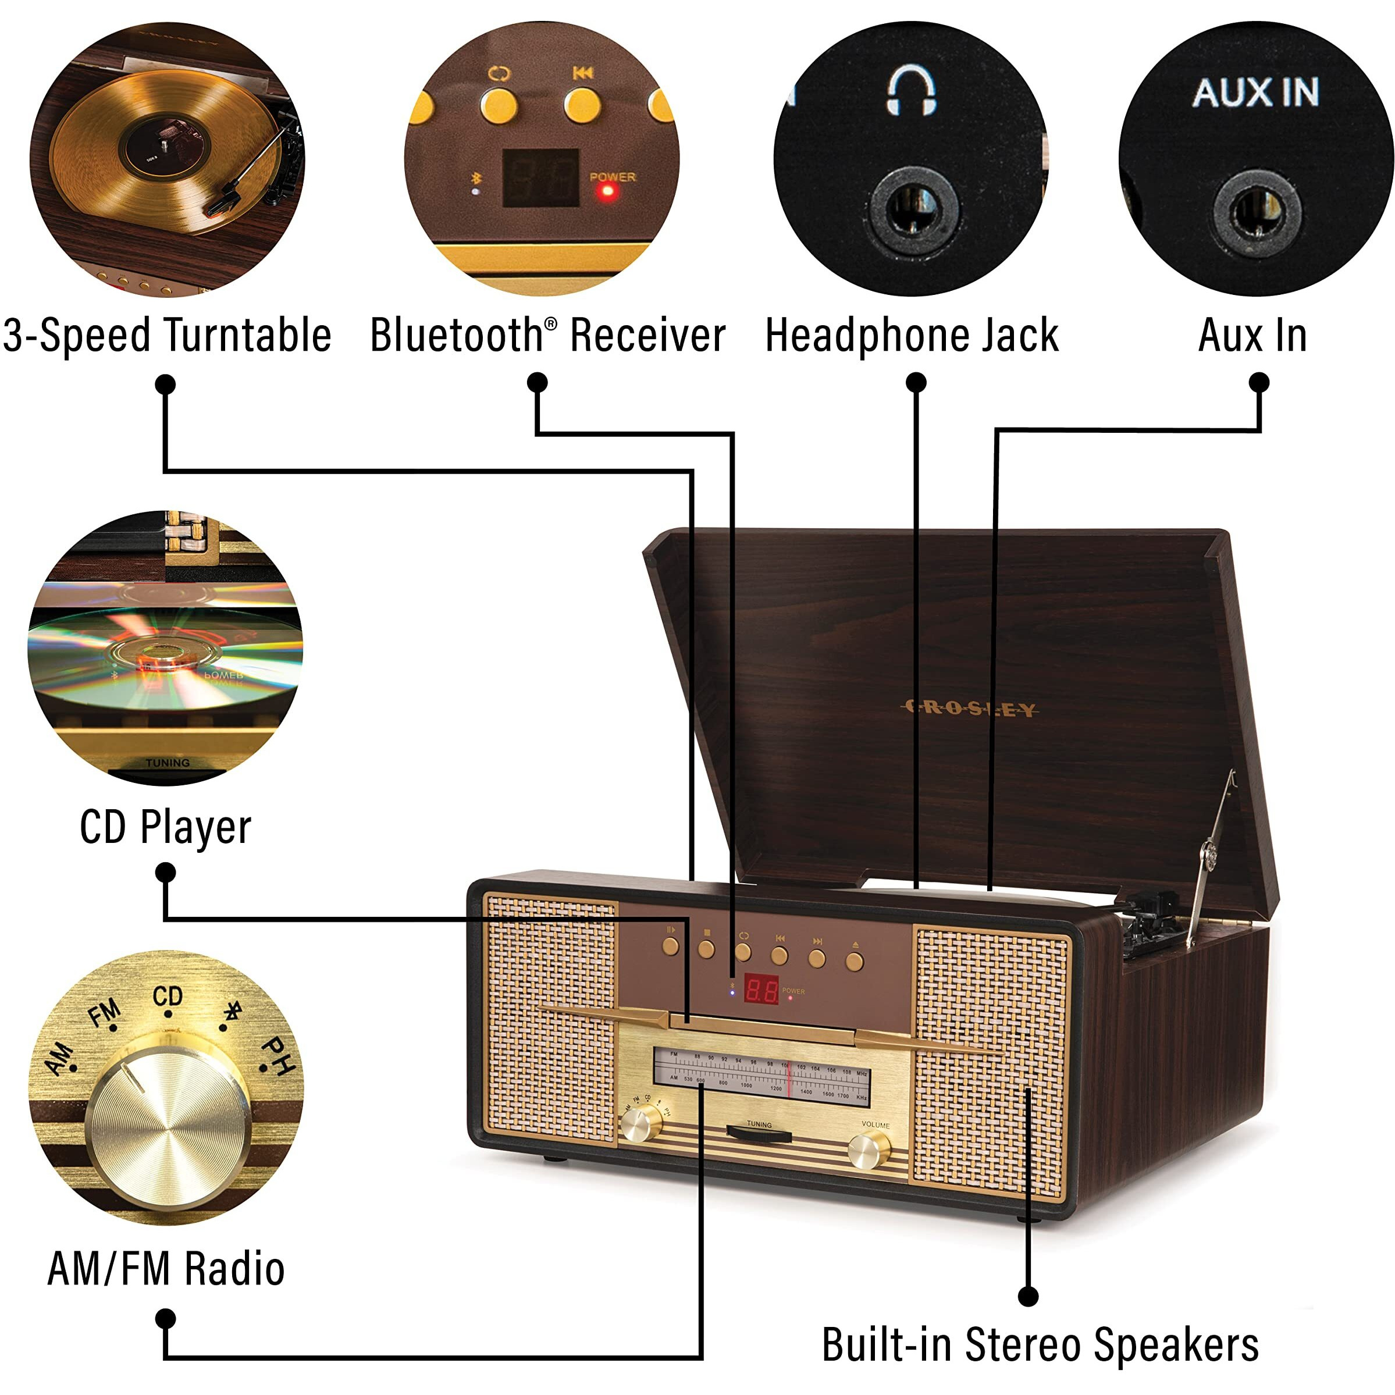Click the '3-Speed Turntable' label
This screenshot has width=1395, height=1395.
point(167,336)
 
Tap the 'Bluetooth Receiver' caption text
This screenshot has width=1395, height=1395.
point(547,336)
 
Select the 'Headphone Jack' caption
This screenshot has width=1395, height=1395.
point(912,336)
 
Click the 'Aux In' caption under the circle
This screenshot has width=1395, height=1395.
point(1252,336)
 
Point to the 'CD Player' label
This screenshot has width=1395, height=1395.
point(165,827)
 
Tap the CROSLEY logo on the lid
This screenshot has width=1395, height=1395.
point(969,709)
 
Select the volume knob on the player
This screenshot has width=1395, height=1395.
point(869,1150)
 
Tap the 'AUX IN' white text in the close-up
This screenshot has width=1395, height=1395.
point(1255,92)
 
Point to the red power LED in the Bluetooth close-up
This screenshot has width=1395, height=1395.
point(608,191)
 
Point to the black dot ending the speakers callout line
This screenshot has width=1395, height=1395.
point(1028,1296)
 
